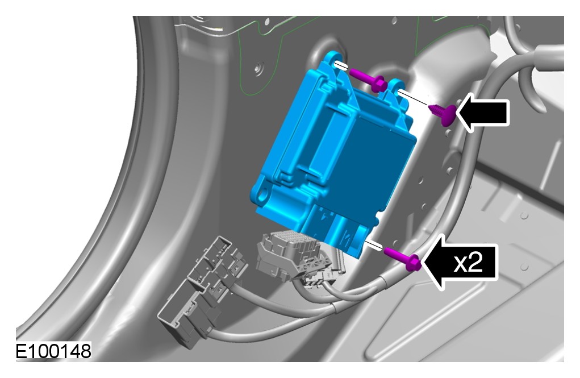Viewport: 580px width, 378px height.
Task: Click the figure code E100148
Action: pos(53,351)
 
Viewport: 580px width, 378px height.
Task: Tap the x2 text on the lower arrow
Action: pos(468,263)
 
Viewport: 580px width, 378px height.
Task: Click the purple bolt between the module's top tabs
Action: pos(369,80)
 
